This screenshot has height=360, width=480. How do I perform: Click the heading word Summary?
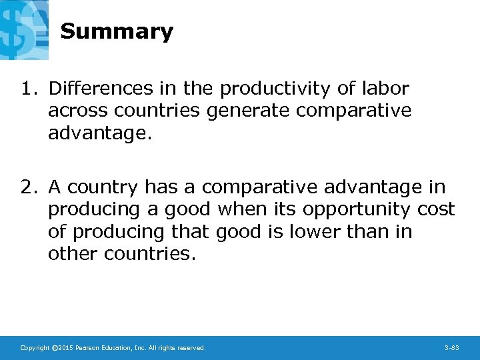coord(117,32)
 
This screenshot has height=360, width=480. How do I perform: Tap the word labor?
coord(386,89)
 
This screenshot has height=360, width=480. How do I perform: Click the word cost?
coord(436,210)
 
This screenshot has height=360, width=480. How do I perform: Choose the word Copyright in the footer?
coord(35,348)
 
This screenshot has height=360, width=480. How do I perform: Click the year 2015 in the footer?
coord(65,348)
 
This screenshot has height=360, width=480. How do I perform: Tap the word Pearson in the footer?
coord(87,348)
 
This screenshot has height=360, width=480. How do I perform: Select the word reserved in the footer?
coord(191,348)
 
